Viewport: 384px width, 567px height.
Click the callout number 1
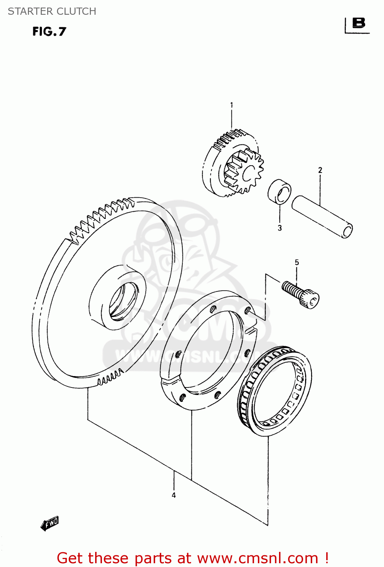coord(231,105)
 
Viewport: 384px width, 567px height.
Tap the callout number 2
coord(320,170)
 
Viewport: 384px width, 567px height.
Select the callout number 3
coord(279,228)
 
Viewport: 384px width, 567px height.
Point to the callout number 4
coord(174,495)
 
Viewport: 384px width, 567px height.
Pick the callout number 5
coord(297,262)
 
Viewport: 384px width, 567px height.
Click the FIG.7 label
coord(49,31)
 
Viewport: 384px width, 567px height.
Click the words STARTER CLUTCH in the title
coord(52,11)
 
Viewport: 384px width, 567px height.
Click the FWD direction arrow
coord(50,523)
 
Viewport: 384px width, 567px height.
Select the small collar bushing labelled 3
coord(279,192)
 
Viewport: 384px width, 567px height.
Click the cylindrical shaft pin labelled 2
coord(322,217)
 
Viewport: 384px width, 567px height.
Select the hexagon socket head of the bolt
coord(311,299)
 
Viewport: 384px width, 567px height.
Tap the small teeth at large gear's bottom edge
coord(110,377)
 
